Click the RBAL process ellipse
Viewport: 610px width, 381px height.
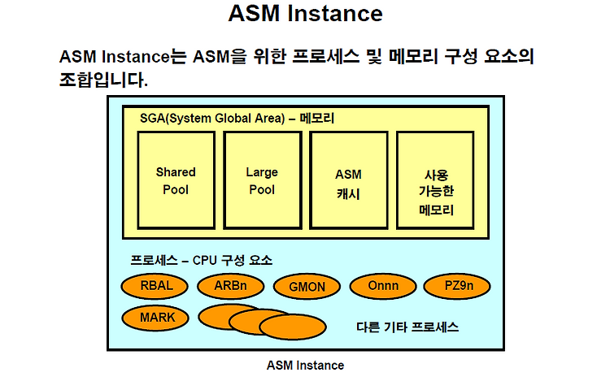pyautogui.click(x=155, y=286)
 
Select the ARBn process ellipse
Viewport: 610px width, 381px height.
pyautogui.click(x=231, y=286)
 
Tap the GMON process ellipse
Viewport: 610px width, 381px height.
pyautogui.click(x=307, y=287)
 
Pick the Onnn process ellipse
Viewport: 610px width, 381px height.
pyautogui.click(x=383, y=286)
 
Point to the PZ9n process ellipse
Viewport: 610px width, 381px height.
pyautogui.click(x=457, y=286)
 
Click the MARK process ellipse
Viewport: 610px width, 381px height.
pyautogui.click(x=155, y=318)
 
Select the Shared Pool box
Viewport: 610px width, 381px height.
pyautogui.click(x=176, y=180)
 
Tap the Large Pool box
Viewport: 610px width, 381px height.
pyautogui.click(x=263, y=180)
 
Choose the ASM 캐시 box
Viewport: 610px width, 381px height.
pyautogui.click(x=349, y=180)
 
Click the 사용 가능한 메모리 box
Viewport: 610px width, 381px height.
pyautogui.click(x=435, y=180)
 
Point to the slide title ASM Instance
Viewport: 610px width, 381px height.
pyautogui.click(x=305, y=13)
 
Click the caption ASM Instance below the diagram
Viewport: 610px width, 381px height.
pyautogui.click(x=305, y=366)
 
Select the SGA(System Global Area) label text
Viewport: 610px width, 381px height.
pyautogui.click(x=212, y=118)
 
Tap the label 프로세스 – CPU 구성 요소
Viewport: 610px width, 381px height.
pyautogui.click(x=201, y=260)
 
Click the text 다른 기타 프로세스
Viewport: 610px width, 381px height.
pyautogui.click(x=407, y=327)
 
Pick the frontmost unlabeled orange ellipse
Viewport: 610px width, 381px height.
pyautogui.click(x=293, y=327)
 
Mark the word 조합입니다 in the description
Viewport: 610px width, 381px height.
pyautogui.click(x=103, y=80)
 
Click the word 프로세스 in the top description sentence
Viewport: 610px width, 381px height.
pyautogui.click(x=325, y=56)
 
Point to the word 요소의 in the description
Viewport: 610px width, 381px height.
pyautogui.click(x=509, y=56)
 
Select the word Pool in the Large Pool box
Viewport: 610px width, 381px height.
pyautogui.click(x=262, y=190)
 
